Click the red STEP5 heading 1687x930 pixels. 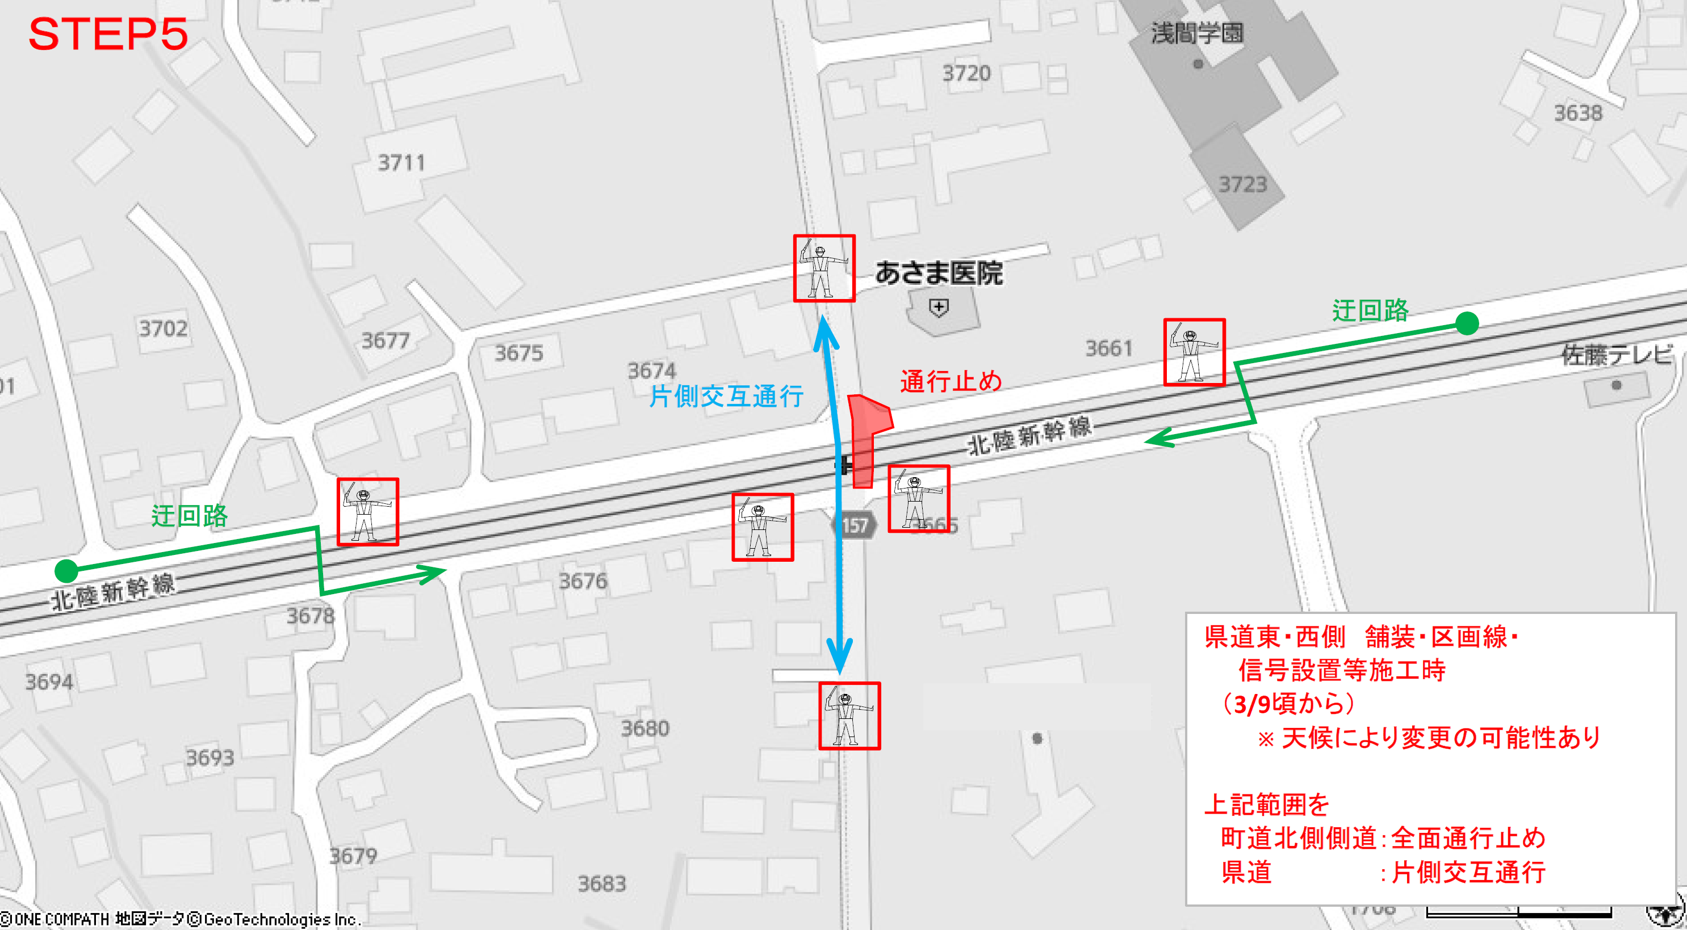pyautogui.click(x=108, y=34)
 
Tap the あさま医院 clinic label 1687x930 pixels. pyautogui.click(x=939, y=273)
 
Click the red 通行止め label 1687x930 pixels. pyautogui.click(x=951, y=381)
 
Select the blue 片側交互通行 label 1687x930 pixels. pyautogui.click(x=726, y=396)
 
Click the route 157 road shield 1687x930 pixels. pyautogui.click(x=854, y=525)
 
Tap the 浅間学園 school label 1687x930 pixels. pyautogui.click(x=1197, y=33)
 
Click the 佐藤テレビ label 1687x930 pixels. pyautogui.click(x=1616, y=355)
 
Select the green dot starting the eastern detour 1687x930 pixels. pyautogui.click(x=1467, y=323)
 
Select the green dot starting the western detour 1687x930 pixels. pyautogui.click(x=66, y=571)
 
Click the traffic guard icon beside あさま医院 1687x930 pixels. pyautogui.click(x=824, y=268)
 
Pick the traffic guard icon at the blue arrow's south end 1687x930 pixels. pyautogui.click(x=849, y=716)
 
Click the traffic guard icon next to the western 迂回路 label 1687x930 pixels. pyautogui.click(x=367, y=512)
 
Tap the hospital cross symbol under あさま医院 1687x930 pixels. pyautogui.click(x=939, y=307)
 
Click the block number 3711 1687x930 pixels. pyautogui.click(x=401, y=162)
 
